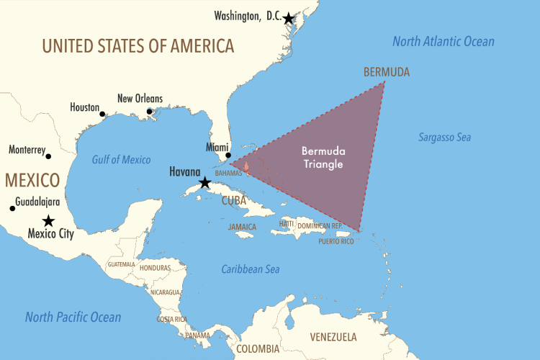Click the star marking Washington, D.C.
pyautogui.click(x=288, y=18)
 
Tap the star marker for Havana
pyautogui.click(x=205, y=182)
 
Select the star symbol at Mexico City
pyautogui.click(x=48, y=220)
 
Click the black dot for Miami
pyautogui.click(x=228, y=155)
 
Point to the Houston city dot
pyautogui.click(x=102, y=114)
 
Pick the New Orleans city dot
pyautogui.click(x=149, y=111)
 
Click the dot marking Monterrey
pyautogui.click(x=48, y=156)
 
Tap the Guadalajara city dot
pyautogui.click(x=12, y=209)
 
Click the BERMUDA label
pyautogui.click(x=387, y=72)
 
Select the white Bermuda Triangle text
pyautogui.click(x=322, y=158)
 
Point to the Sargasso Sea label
pyautogui.click(x=444, y=137)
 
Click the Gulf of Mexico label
pyautogui.click(x=121, y=159)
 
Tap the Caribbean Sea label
pyautogui.click(x=250, y=269)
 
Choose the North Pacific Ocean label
pyautogui.click(x=73, y=317)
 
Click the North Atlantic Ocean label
pyautogui.click(x=444, y=41)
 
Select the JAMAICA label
pyautogui.click(x=242, y=226)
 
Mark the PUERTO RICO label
pyautogui.click(x=337, y=241)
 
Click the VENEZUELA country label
pyautogui.click(x=333, y=336)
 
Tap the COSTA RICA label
pyautogui.click(x=172, y=319)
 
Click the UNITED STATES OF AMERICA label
pyautogui.click(x=138, y=46)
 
